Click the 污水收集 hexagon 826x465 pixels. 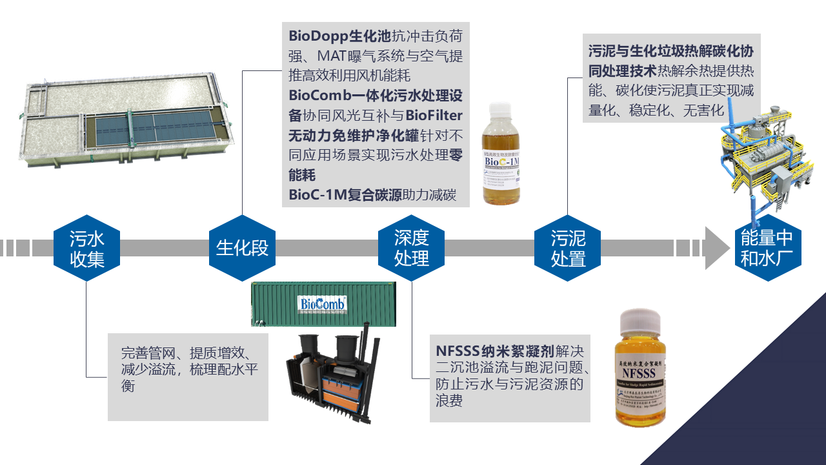87,249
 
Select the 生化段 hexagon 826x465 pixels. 242,249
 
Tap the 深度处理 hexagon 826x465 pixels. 412,249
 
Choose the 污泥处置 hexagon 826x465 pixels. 568,249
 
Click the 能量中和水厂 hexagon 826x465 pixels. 767,249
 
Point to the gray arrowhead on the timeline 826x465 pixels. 716,248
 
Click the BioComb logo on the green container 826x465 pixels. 323,303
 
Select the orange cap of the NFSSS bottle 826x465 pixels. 640,321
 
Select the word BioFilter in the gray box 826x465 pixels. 434,116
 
